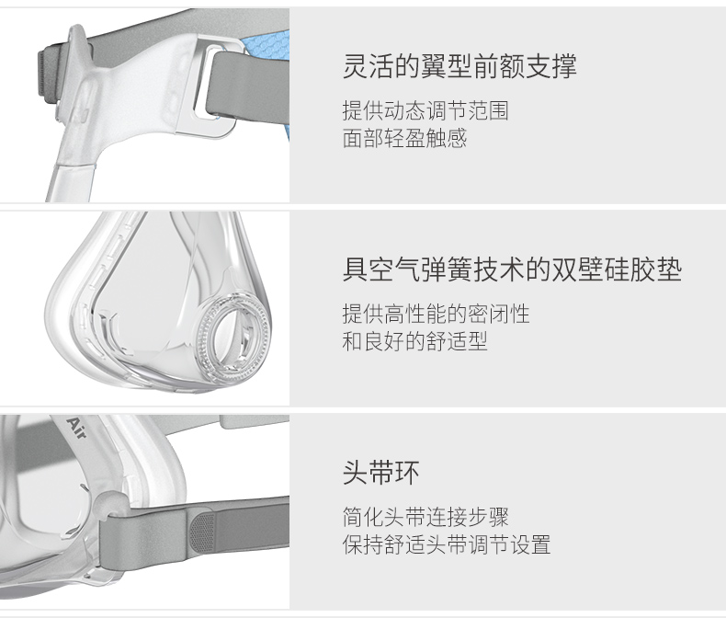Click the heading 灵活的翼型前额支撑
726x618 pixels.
point(459,66)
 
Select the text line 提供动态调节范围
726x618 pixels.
point(425,110)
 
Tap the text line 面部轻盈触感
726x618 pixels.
point(404,138)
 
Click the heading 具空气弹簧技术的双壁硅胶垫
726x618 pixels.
point(512,269)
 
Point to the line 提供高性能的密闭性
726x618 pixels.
point(436,315)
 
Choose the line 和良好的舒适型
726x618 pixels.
point(414,341)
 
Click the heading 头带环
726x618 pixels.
point(381,473)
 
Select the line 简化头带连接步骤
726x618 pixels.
point(425,517)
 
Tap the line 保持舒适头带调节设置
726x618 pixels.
point(447,544)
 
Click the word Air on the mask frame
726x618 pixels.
point(76,429)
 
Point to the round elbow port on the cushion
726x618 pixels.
point(233,332)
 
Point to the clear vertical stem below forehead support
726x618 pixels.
point(71,181)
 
